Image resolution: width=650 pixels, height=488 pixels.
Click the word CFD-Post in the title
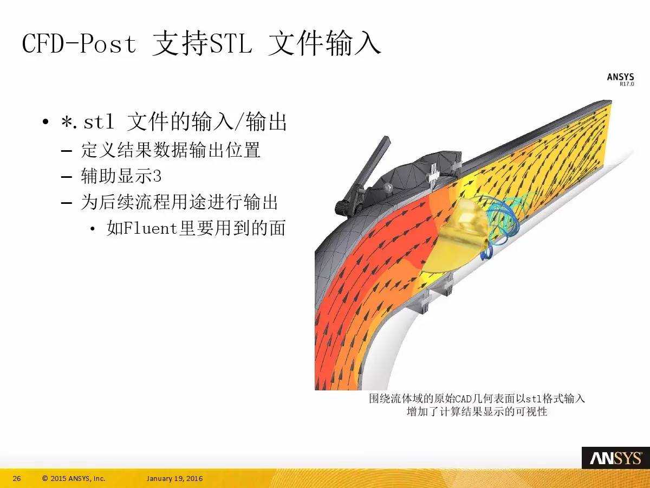[x=80, y=43]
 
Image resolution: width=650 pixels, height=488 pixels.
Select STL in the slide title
[x=231, y=43]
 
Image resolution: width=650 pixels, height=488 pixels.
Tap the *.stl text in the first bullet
[x=87, y=122]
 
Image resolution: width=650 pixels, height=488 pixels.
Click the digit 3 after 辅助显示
[x=157, y=177]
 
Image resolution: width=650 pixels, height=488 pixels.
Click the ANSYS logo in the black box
[x=615, y=459]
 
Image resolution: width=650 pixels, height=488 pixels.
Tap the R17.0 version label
[x=627, y=84]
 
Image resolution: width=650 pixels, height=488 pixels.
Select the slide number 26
[x=17, y=479]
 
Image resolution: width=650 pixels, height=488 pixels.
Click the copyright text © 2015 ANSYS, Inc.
[x=74, y=479]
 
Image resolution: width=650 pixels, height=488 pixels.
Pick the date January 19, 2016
[x=175, y=479]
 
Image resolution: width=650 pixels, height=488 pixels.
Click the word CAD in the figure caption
[x=463, y=399]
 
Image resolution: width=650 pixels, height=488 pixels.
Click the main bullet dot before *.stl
[x=45, y=122]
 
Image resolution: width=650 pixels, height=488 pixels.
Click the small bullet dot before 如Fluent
[x=93, y=229]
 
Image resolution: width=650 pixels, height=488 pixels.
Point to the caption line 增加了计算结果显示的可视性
[x=477, y=412]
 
